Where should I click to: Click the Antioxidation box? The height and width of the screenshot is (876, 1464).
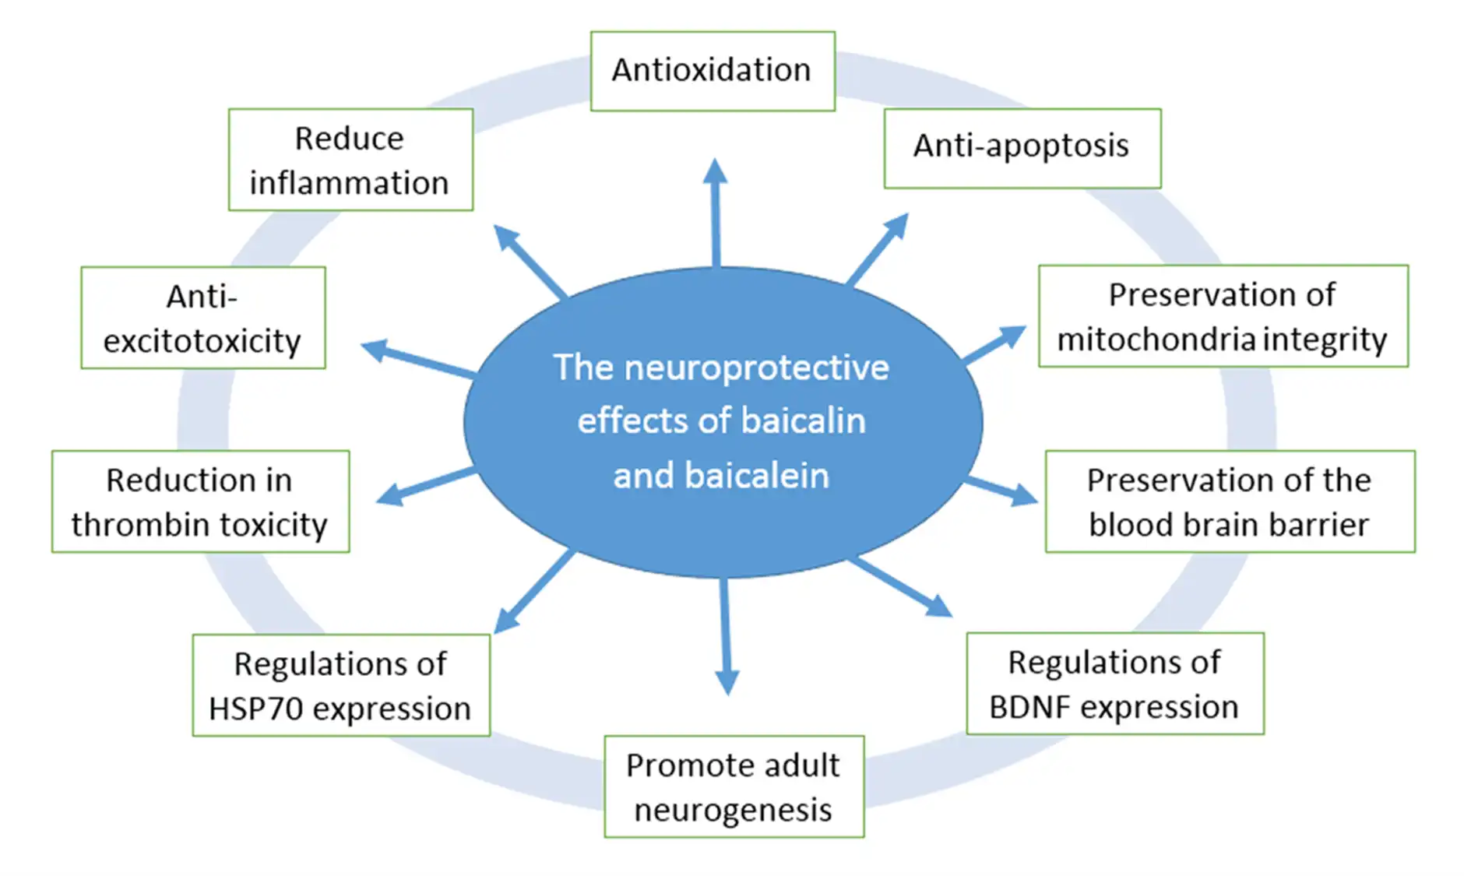(x=712, y=71)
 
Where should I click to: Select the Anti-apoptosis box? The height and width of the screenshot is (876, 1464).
(x=1022, y=147)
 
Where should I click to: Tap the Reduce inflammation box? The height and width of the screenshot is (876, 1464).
(x=350, y=160)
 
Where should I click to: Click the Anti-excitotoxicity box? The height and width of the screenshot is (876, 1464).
(x=202, y=318)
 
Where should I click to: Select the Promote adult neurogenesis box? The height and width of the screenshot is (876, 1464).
(x=734, y=786)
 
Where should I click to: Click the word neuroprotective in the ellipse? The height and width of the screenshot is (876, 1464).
(x=756, y=368)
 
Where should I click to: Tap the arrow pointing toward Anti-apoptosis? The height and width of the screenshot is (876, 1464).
(x=878, y=248)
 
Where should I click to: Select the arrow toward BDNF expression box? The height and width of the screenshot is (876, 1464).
(x=901, y=587)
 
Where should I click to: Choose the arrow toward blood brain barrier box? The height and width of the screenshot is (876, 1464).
(x=1001, y=491)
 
